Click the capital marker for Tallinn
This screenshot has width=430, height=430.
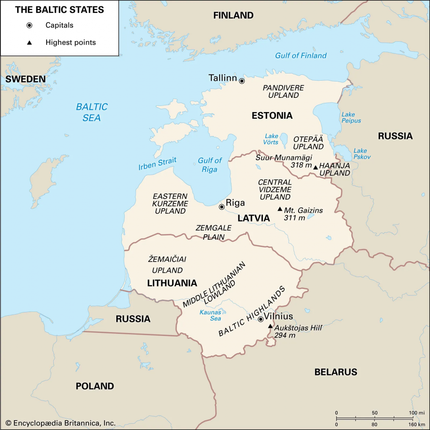point(242,81)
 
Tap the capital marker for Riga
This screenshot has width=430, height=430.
point(222,207)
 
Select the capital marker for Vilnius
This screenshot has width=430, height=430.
point(260,319)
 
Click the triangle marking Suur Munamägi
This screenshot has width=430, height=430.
point(315,167)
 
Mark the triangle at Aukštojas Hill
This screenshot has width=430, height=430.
point(270,326)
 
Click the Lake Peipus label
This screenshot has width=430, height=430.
point(351,118)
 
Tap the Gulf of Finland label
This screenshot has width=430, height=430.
point(301,55)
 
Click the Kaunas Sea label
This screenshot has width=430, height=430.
point(210,315)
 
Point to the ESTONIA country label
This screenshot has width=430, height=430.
point(272,115)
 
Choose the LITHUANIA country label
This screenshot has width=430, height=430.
point(172,283)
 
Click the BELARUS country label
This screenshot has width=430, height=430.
point(336,372)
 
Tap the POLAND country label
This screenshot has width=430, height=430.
point(94,386)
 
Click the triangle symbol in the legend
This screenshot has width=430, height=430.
point(29,42)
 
